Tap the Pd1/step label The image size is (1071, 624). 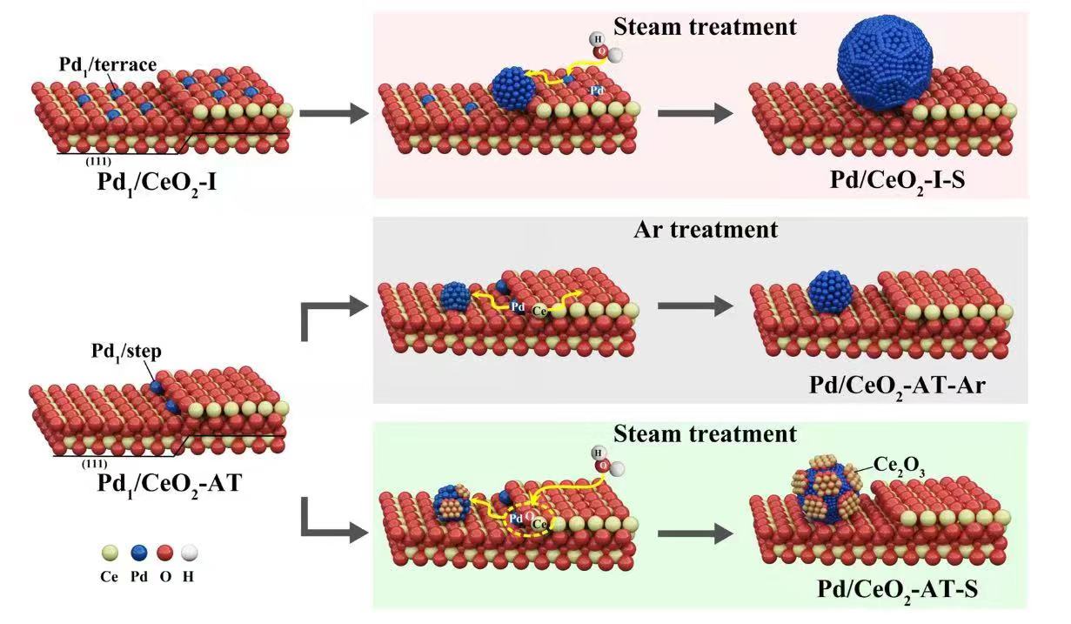point(127,351)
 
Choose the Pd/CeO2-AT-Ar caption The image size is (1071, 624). point(896,384)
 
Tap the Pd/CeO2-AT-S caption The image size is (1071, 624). point(896,589)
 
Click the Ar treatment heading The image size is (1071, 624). point(706,231)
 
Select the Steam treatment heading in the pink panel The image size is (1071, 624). point(705,27)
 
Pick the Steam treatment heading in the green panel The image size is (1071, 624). point(705,433)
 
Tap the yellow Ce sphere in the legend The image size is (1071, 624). point(109,553)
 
